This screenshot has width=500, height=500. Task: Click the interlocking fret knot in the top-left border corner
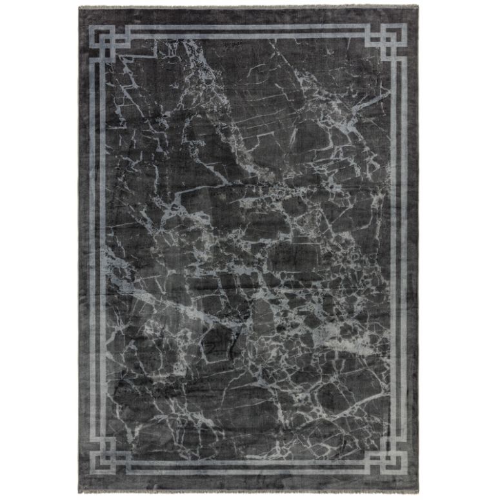click(110, 41)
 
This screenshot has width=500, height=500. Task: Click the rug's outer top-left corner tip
click(79, 7)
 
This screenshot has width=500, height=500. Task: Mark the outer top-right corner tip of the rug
click(419, 7)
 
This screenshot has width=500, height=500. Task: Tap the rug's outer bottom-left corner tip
click(80, 494)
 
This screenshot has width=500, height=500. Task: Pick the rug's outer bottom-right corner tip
click(419, 494)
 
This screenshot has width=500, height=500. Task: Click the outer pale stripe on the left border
click(93, 252)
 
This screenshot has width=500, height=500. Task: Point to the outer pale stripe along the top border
click(250, 28)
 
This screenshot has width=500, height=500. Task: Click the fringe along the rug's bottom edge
click(250, 494)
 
